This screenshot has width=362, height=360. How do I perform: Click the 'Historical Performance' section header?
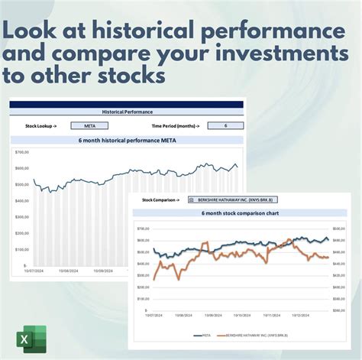click(127, 112)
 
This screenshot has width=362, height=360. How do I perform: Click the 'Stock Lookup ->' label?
click(42, 125)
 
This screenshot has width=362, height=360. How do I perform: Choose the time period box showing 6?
click(225, 125)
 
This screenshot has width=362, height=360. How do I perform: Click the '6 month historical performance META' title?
click(127, 141)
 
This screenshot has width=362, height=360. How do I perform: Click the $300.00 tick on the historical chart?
click(21, 217)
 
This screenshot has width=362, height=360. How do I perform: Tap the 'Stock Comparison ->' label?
click(161, 199)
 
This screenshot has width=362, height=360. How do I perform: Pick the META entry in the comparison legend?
click(203, 335)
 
